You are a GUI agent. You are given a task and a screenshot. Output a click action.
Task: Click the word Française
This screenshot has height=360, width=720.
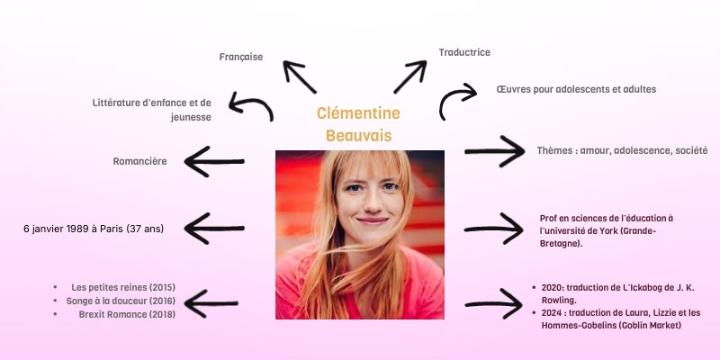coord(241,57)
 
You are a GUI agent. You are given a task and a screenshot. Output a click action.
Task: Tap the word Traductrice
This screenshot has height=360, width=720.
coord(464,52)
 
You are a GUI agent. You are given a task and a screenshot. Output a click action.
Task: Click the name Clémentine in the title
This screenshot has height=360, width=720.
coord(358,113)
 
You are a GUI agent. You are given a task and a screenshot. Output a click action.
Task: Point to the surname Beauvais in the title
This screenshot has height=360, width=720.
coord(358,135)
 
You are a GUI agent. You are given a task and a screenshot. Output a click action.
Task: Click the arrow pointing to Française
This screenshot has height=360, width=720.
coord(300,76)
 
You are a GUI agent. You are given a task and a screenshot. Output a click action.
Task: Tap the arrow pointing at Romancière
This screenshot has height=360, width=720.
coord(214,162)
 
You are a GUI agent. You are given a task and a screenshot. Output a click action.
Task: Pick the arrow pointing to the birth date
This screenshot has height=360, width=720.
coord(214,229)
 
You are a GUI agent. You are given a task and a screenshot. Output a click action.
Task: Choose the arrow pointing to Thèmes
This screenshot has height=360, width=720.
coord(494,150)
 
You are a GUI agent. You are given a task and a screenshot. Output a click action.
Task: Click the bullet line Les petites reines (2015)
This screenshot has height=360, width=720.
coord(123,287)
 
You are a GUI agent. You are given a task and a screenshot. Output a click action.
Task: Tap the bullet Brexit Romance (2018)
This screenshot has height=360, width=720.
coord(127,314)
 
